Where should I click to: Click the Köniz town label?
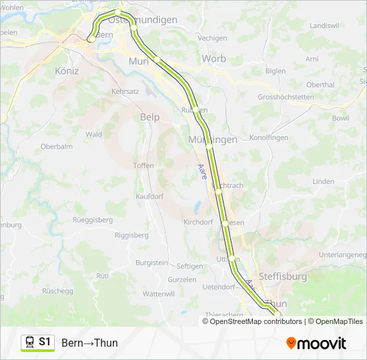tap(67, 71)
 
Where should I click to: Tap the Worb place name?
tap(214, 59)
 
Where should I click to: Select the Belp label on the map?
tap(149, 117)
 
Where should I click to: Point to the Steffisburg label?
tap(282, 276)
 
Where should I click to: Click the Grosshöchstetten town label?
tap(285, 97)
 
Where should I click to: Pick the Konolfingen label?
tap(269, 137)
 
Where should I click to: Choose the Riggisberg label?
tap(131, 235)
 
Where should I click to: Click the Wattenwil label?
tap(158, 293)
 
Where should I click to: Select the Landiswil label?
tap(324, 25)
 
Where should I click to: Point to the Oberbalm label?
tap(57, 146)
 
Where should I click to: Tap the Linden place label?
tap(323, 181)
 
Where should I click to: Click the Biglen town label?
tap(276, 71)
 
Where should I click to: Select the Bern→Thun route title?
tap(89, 343)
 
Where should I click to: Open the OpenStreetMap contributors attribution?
tap(252, 321)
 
